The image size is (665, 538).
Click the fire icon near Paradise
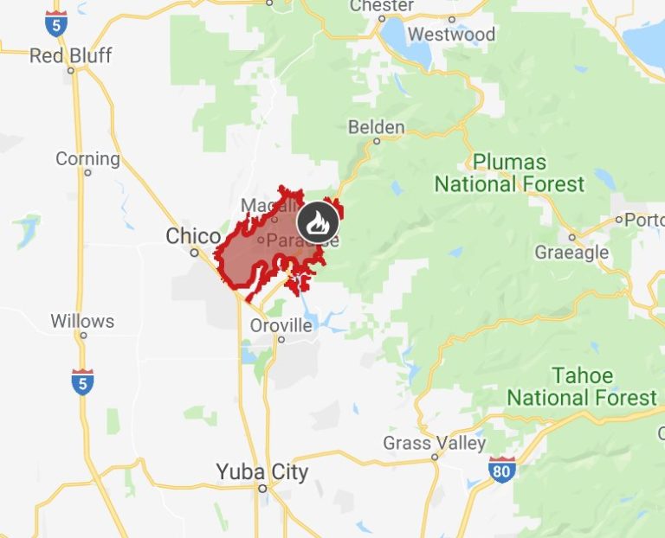[315, 223]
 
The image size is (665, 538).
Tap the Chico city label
[193, 236]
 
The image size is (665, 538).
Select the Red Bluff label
[71, 56]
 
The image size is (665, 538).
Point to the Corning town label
[87, 159]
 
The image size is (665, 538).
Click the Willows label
[82, 321]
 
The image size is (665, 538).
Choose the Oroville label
[281, 326]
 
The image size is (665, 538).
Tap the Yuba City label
[261, 472]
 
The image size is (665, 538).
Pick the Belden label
[376, 128]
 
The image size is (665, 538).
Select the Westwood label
[451, 35]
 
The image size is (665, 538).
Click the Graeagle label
[571, 253]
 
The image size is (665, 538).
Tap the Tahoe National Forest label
[582, 387]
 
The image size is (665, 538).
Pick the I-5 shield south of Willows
[82, 381]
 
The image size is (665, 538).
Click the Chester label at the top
[381, 6]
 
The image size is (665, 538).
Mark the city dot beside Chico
[195, 253]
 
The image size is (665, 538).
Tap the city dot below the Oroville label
[281, 340]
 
